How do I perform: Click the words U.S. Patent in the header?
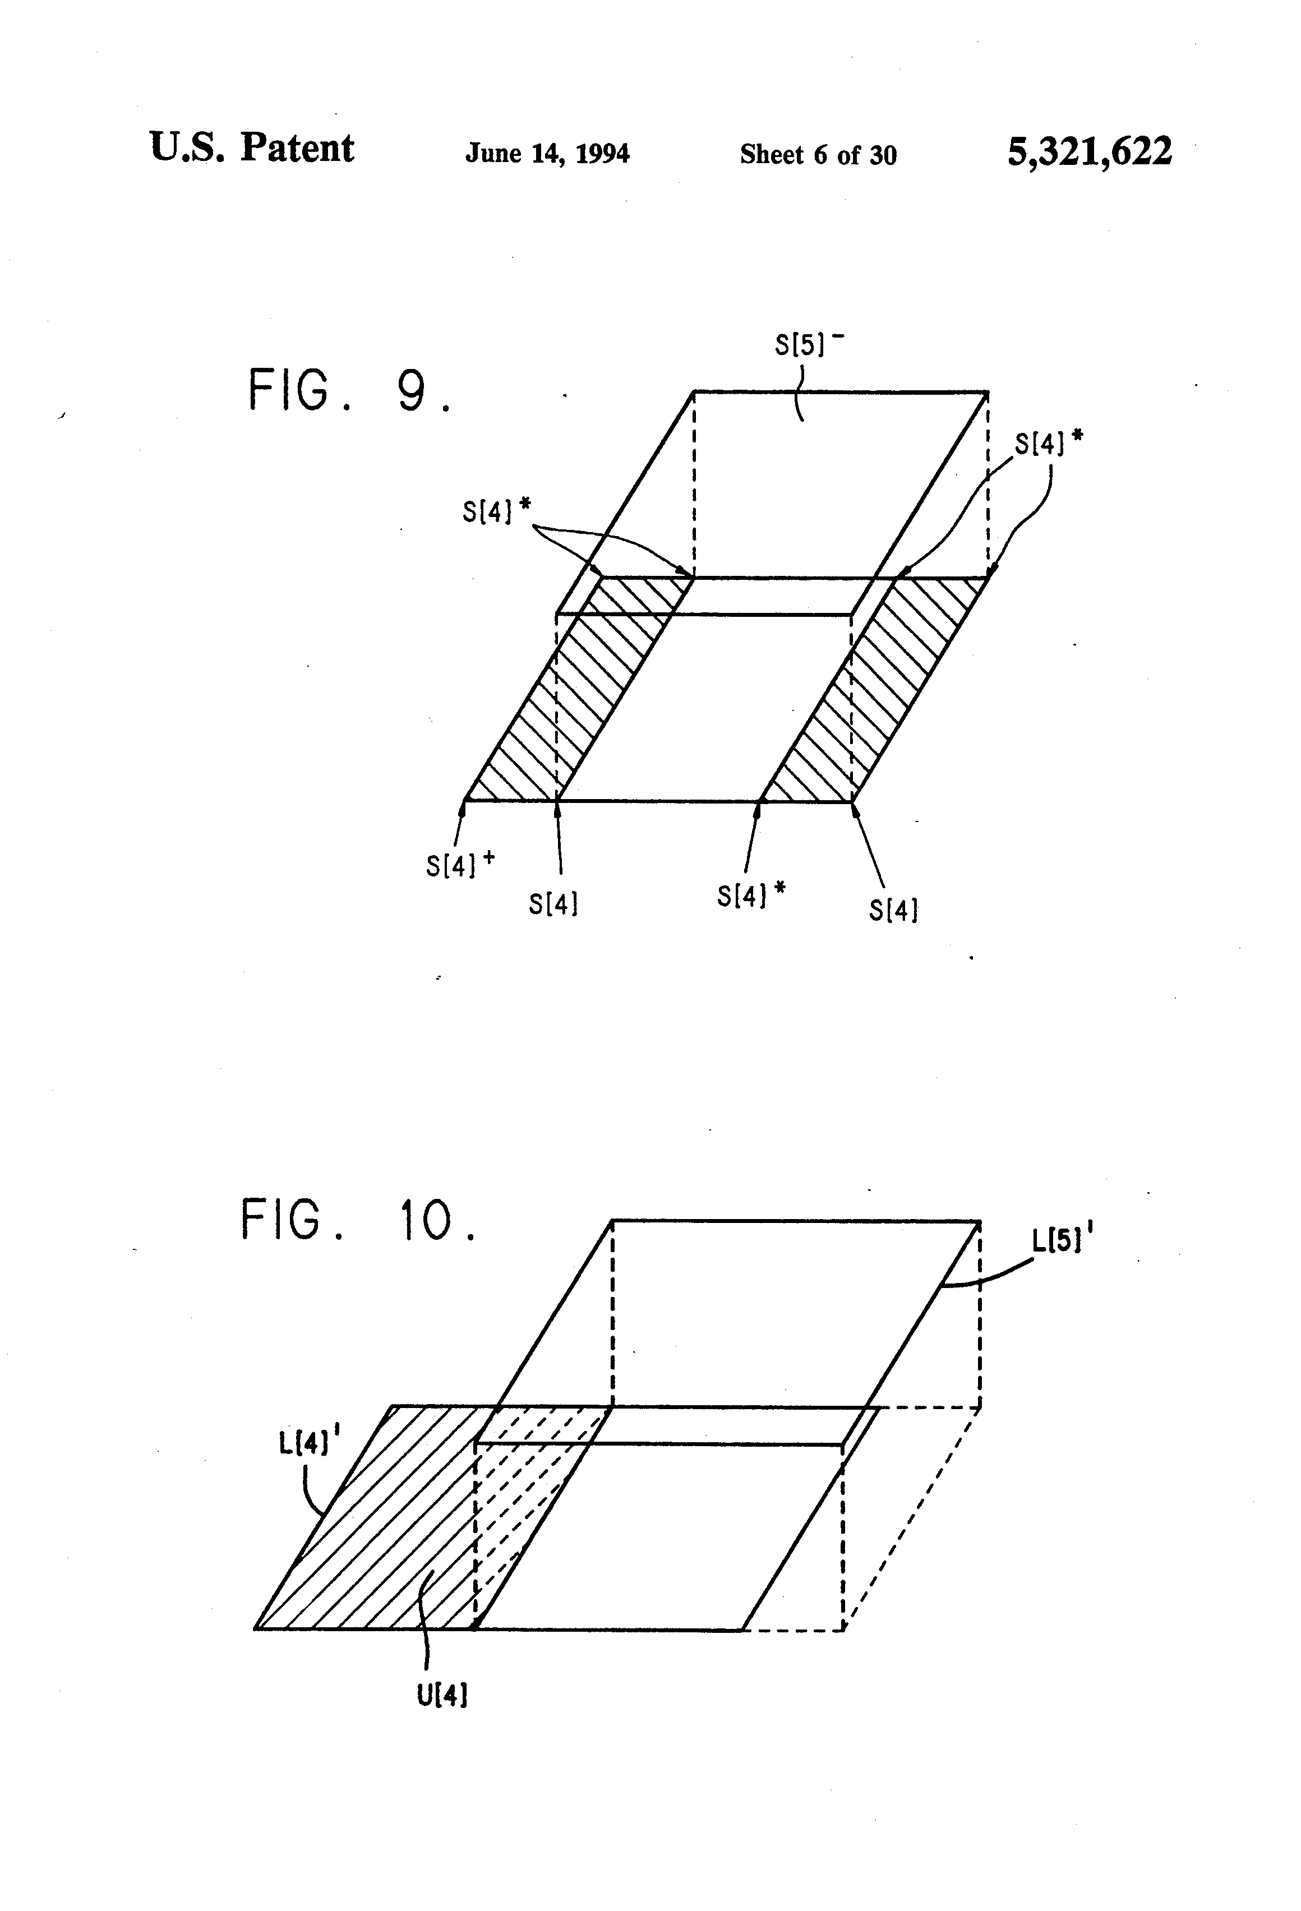point(252,149)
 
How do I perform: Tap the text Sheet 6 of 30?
point(818,155)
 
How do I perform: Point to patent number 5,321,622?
point(1090,152)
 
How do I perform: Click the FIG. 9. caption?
point(349,391)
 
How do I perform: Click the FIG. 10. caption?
point(358,1220)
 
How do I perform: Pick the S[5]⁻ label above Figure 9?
point(809,344)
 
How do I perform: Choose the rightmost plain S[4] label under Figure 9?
point(893,910)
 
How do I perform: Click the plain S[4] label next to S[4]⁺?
point(552,904)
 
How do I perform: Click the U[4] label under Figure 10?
point(442,1696)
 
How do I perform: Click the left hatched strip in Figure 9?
point(576,691)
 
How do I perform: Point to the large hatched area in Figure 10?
point(370,1530)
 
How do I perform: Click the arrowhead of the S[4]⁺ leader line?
point(462,807)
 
